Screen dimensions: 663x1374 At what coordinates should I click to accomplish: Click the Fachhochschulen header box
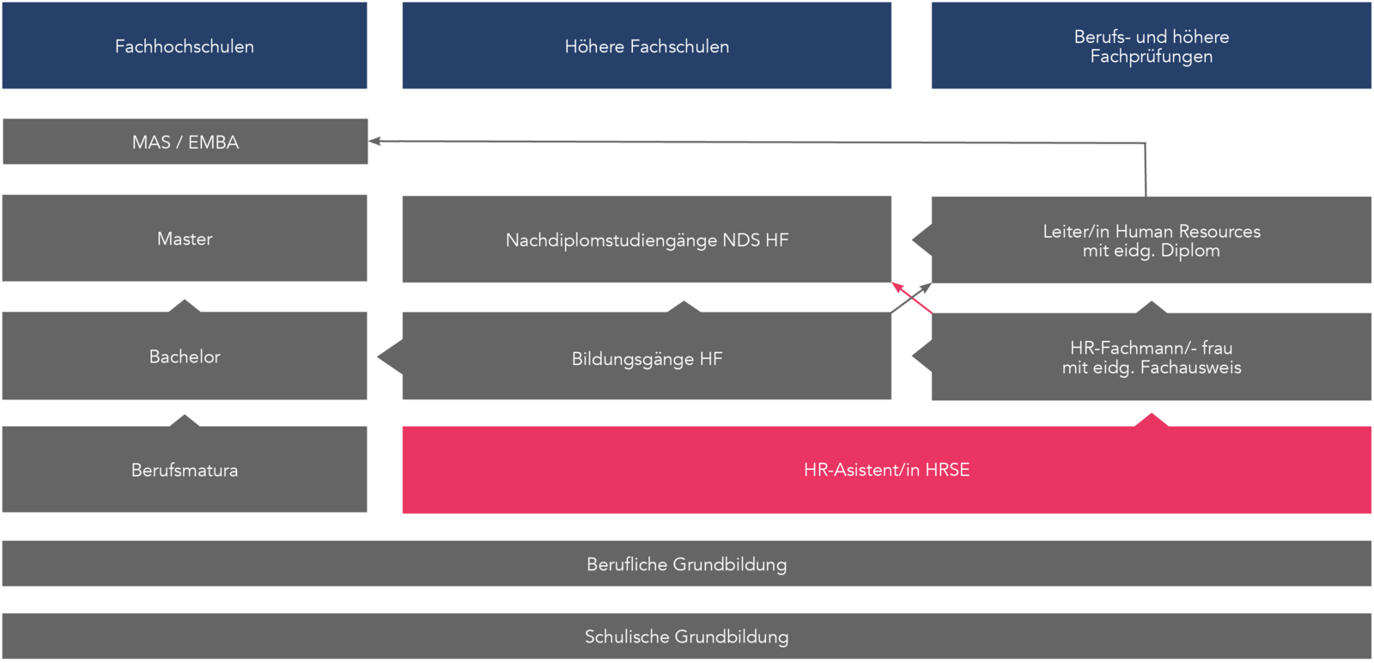pyautogui.click(x=185, y=46)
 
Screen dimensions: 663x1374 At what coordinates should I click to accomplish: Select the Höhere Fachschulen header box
pyautogui.click(x=647, y=46)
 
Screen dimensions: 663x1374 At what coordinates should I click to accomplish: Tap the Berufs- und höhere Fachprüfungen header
pyautogui.click(x=1151, y=46)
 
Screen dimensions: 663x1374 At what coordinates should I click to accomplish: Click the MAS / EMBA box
pyautogui.click(x=185, y=142)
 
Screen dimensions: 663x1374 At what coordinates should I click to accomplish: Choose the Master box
pyautogui.click(x=185, y=238)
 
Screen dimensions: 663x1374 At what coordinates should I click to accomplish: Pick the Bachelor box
pyautogui.click(x=185, y=356)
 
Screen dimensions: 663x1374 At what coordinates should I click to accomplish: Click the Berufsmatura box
pyautogui.click(x=185, y=470)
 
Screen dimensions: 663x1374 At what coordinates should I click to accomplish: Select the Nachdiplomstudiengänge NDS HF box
pyautogui.click(x=647, y=240)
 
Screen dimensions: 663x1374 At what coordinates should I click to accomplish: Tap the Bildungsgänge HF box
pyautogui.click(x=647, y=358)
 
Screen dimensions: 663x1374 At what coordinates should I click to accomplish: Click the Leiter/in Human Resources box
pyautogui.click(x=1151, y=240)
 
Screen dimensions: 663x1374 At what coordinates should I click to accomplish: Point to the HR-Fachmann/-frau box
pyautogui.click(x=1151, y=357)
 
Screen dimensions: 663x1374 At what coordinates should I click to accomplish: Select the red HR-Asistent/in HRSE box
pyautogui.click(x=886, y=470)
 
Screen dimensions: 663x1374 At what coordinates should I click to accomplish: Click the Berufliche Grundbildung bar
pyautogui.click(x=686, y=563)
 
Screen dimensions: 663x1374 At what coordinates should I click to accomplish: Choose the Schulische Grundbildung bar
pyautogui.click(x=686, y=636)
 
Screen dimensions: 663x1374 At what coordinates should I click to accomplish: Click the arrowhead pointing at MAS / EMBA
pyautogui.click(x=374, y=141)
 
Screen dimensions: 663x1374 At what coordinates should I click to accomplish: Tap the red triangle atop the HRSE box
pyautogui.click(x=1152, y=420)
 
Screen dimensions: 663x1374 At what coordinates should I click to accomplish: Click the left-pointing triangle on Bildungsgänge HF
pyautogui.click(x=389, y=356)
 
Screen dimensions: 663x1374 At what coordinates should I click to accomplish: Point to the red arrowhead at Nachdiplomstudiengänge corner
pyautogui.click(x=897, y=286)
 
